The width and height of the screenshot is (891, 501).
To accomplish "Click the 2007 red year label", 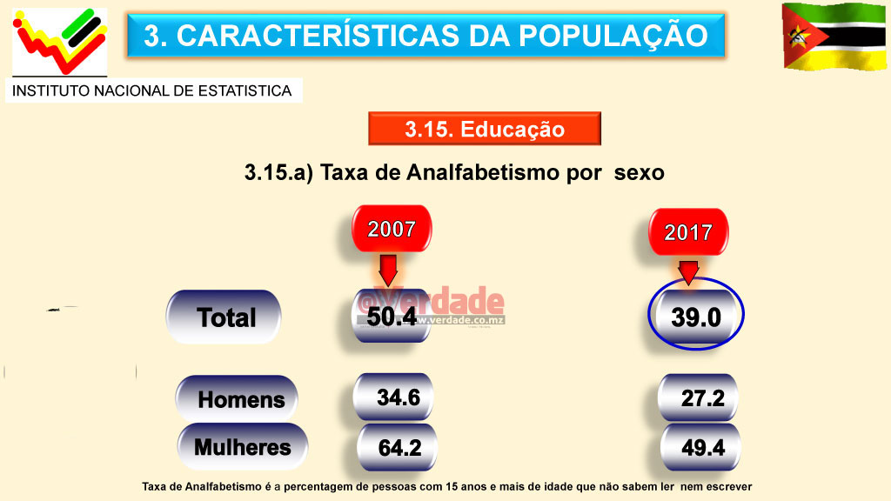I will click(x=391, y=230).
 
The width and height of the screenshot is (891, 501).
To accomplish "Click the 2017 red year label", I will click(x=688, y=232).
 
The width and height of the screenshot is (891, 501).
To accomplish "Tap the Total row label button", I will click(x=224, y=317).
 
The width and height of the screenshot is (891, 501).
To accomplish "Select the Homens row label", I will click(x=238, y=399).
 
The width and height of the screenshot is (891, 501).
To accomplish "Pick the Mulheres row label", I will click(x=243, y=447).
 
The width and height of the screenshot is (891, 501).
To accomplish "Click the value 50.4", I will click(x=391, y=317).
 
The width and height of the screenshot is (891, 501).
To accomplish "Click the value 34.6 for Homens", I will click(x=398, y=398).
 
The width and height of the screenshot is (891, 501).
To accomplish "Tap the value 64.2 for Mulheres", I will click(x=399, y=448).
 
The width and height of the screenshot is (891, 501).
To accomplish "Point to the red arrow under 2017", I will click(x=688, y=272).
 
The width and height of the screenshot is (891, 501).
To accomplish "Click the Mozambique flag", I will click(x=834, y=36).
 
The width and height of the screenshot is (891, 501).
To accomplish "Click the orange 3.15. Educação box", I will click(x=485, y=130).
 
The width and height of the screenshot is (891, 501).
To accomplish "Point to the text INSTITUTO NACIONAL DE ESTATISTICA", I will click(x=152, y=90).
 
